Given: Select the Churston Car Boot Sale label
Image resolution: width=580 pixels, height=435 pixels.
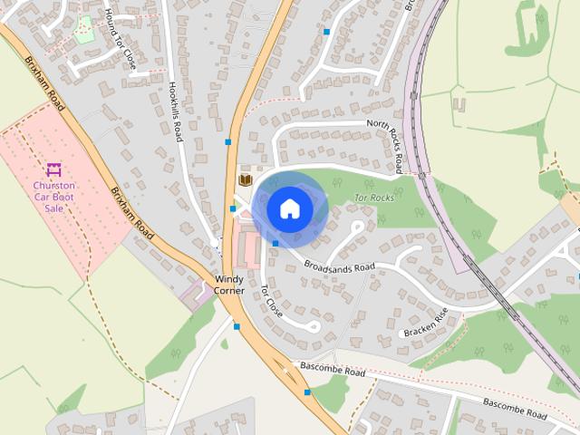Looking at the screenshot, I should click(53, 196).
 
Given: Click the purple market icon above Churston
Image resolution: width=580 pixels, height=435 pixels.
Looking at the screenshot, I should click(53, 169).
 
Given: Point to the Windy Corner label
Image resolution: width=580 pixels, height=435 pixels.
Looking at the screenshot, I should click(228, 285).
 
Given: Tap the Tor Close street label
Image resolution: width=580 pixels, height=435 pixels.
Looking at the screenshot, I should click(271, 300).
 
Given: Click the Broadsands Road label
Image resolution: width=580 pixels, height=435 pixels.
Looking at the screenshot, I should click(339, 267).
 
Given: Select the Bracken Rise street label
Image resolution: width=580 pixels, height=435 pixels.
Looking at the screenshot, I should click(426, 323).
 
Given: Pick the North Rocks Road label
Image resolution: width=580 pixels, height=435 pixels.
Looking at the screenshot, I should click(385, 145).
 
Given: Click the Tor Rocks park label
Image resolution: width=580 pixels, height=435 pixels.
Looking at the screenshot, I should click(373, 197).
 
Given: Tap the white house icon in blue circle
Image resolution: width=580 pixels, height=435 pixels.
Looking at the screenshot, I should click(289, 208).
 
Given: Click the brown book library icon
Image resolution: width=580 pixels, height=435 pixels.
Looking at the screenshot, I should click(245, 179).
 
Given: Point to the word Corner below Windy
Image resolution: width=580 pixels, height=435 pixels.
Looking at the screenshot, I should click(228, 290).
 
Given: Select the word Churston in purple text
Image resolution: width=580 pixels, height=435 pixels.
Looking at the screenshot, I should click(53, 185).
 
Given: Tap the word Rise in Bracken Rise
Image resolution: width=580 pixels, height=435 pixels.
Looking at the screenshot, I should click(440, 316).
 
